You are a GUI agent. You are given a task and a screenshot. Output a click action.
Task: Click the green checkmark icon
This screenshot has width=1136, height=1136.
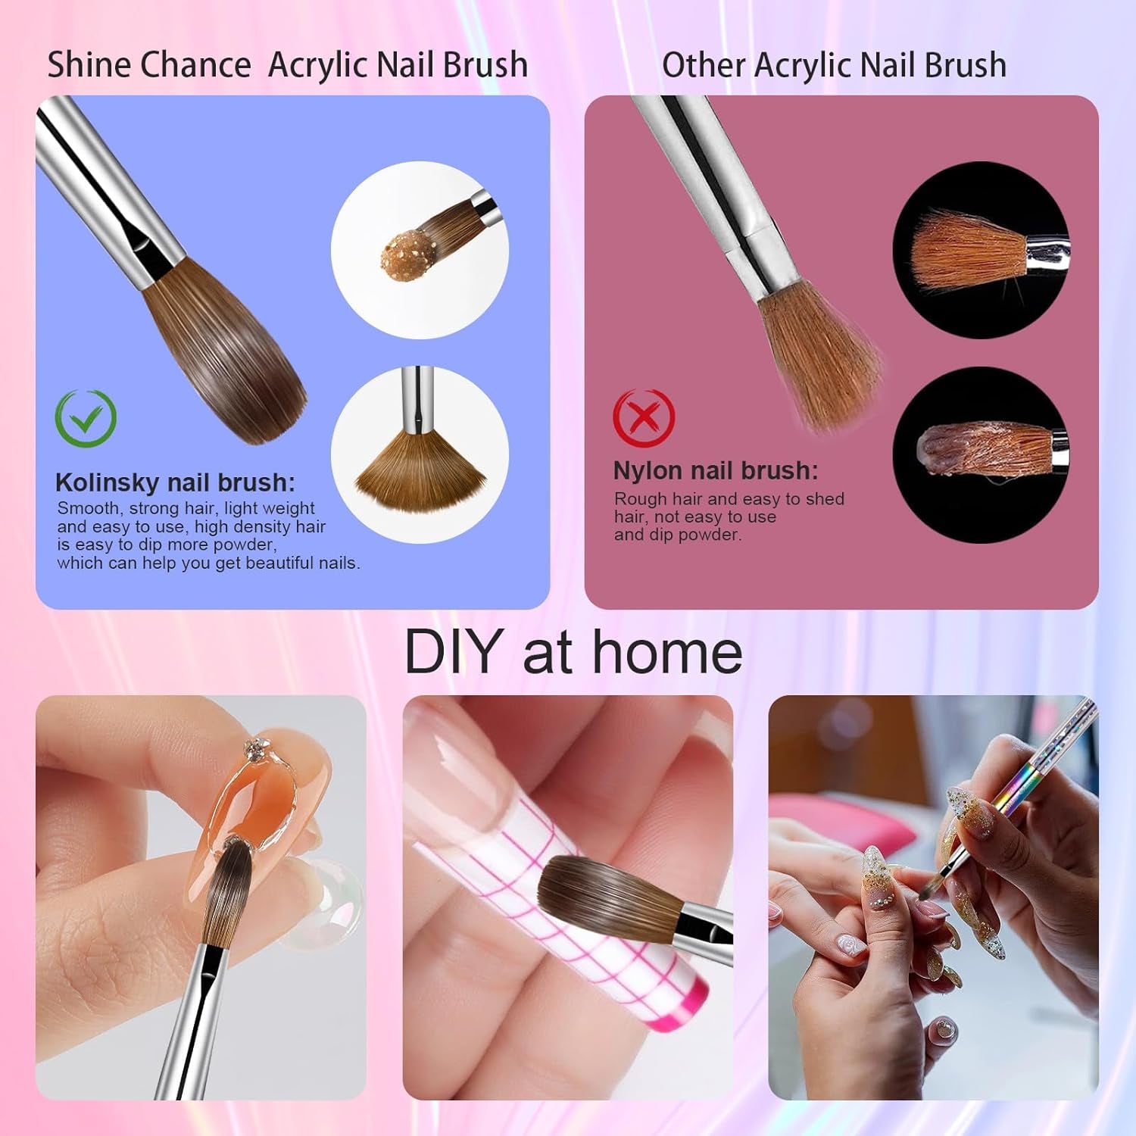(86, 417)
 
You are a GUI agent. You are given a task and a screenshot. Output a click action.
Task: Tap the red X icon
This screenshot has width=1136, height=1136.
(643, 417)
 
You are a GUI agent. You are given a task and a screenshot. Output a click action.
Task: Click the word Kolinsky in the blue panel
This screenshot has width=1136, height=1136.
(107, 482)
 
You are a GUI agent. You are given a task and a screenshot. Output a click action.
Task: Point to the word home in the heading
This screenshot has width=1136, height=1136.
(666, 652)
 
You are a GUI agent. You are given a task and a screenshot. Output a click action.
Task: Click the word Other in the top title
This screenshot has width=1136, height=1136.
(704, 65)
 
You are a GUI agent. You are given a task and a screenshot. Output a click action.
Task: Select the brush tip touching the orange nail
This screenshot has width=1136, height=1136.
(231, 871)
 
